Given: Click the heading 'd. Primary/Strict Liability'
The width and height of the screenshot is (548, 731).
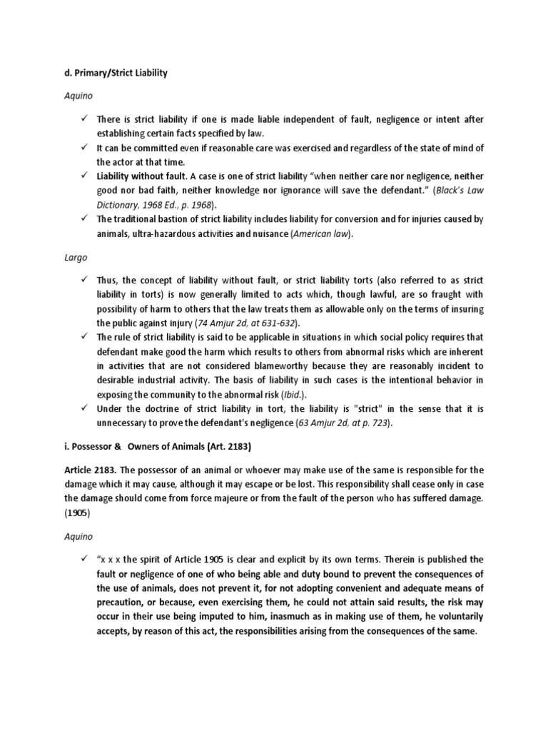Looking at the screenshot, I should [x=118, y=74].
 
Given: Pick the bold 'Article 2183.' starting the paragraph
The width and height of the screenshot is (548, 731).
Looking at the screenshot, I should [x=89, y=470].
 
